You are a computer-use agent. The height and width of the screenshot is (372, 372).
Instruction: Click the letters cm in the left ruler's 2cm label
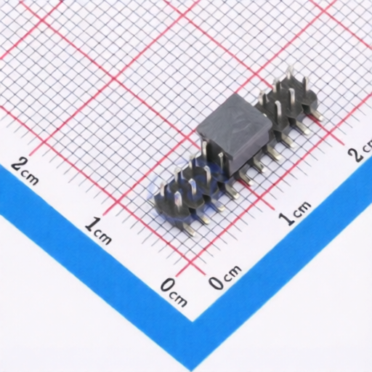click(31, 179)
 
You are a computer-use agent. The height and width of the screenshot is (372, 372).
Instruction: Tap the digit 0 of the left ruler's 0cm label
click(168, 285)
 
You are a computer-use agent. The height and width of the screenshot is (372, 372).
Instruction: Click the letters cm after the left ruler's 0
click(179, 299)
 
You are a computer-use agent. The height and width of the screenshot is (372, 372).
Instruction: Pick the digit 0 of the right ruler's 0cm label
click(217, 281)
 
